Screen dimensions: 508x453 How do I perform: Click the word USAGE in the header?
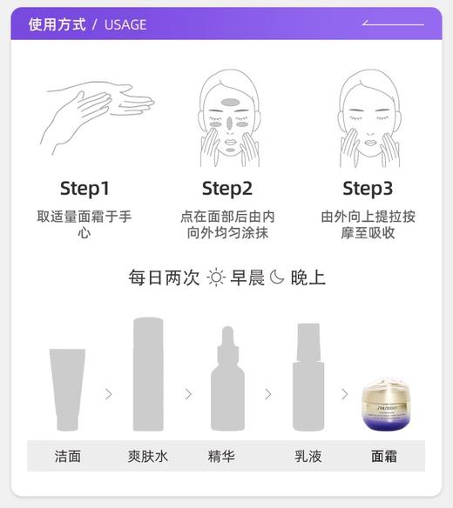coord(125,24)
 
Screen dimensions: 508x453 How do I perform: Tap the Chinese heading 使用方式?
coord(57,24)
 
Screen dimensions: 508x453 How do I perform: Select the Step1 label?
coord(85,188)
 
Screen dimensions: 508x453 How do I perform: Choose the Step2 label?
coord(226,188)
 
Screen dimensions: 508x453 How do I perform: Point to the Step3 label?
coord(368,188)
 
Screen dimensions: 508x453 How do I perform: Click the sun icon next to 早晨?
coord(216,278)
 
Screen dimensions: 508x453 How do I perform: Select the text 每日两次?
coord(165,278)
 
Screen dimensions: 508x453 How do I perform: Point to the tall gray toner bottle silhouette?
coord(148,376)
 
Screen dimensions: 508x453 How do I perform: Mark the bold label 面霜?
coord(385,456)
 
